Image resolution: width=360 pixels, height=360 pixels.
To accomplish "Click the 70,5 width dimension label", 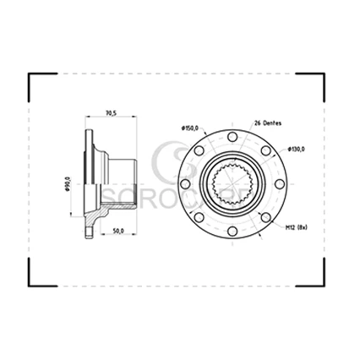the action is point(111,113).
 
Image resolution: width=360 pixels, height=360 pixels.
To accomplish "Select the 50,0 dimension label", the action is point(118,231).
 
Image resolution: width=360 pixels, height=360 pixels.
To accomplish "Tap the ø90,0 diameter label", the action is point(67,184).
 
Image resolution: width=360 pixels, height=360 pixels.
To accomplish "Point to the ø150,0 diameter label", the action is point(190,128).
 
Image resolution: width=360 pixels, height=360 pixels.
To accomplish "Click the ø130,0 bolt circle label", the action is point(296,150).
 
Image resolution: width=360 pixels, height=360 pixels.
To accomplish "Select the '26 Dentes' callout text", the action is point(268,123).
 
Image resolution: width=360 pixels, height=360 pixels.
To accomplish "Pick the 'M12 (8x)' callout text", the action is point(297,227).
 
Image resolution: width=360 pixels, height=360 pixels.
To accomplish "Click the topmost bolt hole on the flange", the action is point(232,137).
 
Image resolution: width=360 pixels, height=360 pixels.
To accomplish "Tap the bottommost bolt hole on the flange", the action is point(232,232).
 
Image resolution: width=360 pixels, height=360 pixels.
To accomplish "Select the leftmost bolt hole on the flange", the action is point(185,184).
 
